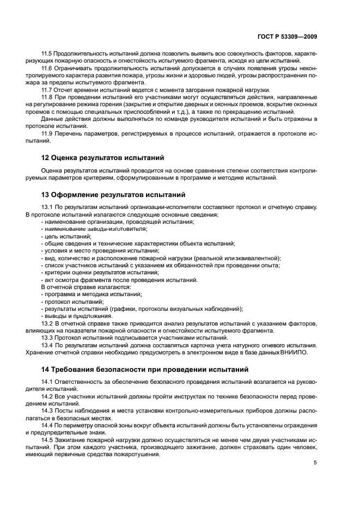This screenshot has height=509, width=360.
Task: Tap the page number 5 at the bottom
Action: coord(315,463)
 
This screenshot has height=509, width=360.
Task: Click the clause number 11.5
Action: coord(48,54)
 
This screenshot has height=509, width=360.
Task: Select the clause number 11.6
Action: coord(48,69)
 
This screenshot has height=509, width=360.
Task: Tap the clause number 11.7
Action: coord(48,90)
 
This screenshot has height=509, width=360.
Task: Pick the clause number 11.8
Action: coord(48,97)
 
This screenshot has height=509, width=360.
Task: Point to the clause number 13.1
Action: coord(48,207)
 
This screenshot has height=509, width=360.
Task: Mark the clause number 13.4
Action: coord(48,345)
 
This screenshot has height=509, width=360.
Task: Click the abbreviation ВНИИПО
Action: coord(295,352)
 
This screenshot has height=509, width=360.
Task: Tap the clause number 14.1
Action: coord(48,383)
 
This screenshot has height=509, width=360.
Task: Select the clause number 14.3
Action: coord(48,412)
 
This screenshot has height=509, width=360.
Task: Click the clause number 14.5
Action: coord(48,440)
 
